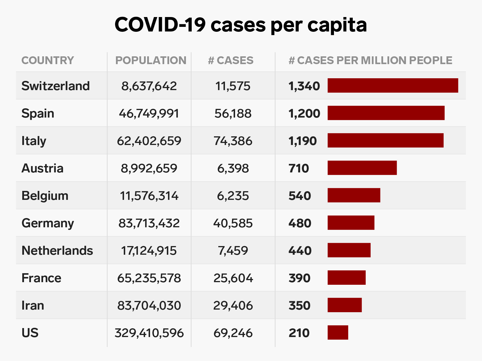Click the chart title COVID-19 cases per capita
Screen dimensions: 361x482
pyautogui.click(x=241, y=25)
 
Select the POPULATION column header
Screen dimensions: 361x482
pyautogui.click(x=151, y=60)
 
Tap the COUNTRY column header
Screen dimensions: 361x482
pyautogui.click(x=48, y=60)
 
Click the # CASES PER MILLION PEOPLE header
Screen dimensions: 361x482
pyautogui.click(x=370, y=60)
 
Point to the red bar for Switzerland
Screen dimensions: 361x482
pyautogui.click(x=393, y=85)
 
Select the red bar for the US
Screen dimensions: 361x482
pyautogui.click(x=338, y=332)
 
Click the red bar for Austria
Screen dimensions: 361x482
pyautogui.click(x=362, y=168)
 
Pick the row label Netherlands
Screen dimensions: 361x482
pyautogui.click(x=57, y=250)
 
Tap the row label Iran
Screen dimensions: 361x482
pyautogui.click(x=33, y=305)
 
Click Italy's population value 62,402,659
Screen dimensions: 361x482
pyautogui.click(x=149, y=141)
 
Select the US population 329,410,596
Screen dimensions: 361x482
pyautogui.click(x=149, y=333)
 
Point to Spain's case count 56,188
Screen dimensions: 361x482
pyautogui.click(x=233, y=113)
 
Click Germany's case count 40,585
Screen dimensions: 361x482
pyautogui.click(x=233, y=223)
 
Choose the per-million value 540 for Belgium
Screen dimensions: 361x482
pyautogui.click(x=300, y=196)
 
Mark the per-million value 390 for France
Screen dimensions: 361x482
pyautogui.click(x=299, y=278)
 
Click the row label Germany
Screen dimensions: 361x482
pyautogui.click(x=48, y=223)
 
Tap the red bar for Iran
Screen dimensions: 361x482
pyautogui.click(x=344, y=305)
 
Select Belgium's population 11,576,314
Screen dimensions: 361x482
pyautogui.click(x=149, y=196)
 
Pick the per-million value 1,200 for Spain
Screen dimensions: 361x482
pyautogui.click(x=304, y=113)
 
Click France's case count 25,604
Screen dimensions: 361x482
pyautogui.click(x=233, y=278)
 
